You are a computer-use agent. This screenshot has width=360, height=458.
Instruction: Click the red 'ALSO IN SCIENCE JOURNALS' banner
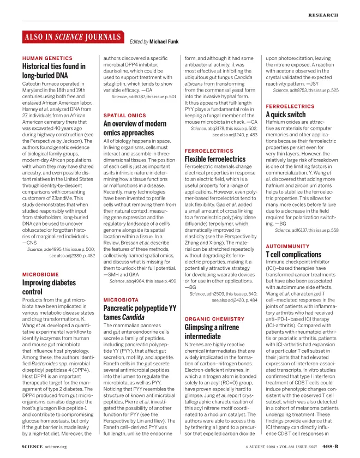coord(71,37)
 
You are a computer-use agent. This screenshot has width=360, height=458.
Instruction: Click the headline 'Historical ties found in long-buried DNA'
coord(53,70)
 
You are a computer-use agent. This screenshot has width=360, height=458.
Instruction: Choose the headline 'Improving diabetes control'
coord(49,287)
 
